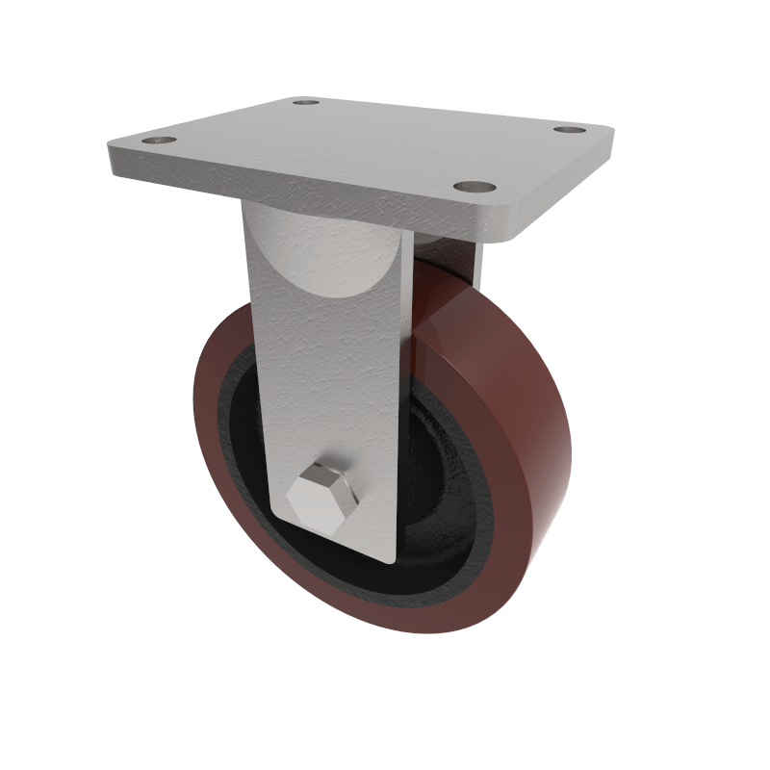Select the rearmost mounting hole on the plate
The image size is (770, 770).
click(x=307, y=101)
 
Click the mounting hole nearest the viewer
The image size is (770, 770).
click(x=474, y=187)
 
